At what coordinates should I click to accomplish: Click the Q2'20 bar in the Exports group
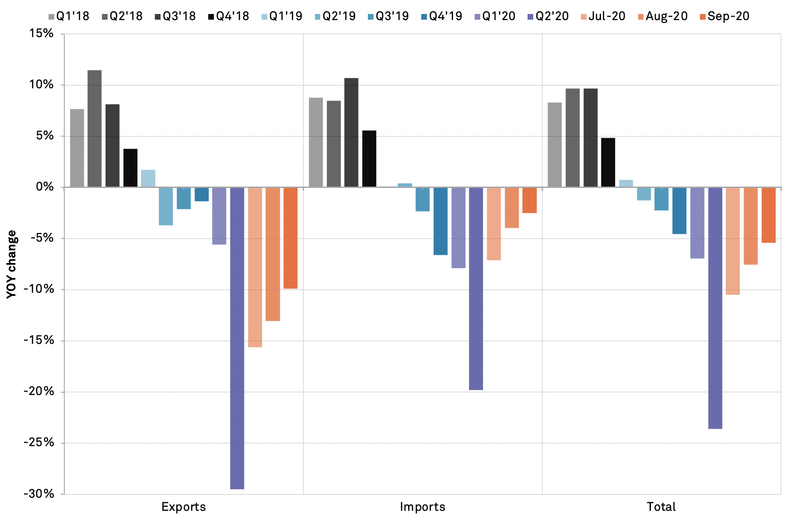237,338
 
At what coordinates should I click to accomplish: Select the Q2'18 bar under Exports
94,128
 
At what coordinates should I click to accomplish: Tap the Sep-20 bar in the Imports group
529,200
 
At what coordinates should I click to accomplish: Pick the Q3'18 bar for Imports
351,132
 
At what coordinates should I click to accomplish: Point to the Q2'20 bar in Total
715,308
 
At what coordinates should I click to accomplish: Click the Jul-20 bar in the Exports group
255,267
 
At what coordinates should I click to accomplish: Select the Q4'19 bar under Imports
440,221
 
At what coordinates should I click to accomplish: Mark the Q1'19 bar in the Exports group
148,178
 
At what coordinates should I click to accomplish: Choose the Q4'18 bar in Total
608,163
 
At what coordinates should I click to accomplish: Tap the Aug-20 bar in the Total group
751,226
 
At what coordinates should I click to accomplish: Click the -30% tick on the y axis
39,494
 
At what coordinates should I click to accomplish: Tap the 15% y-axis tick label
42,34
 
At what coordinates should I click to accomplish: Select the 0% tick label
45,187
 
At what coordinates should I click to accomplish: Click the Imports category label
423,507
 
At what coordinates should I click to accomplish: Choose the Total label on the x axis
661,507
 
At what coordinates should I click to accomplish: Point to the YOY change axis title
12,264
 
